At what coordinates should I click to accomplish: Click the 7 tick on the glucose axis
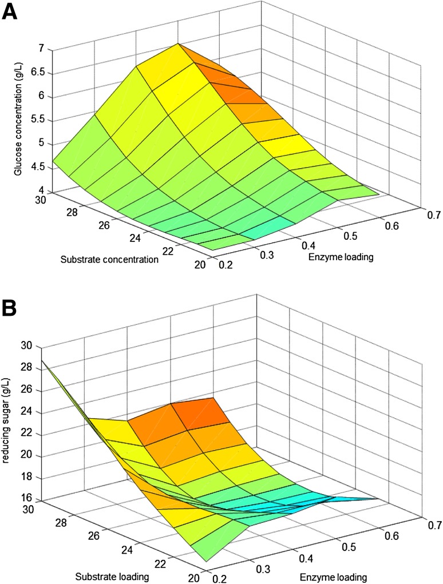(41, 49)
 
